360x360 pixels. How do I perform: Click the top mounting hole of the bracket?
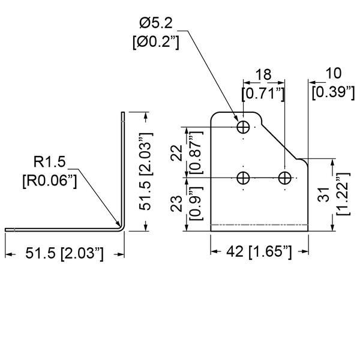coord(244,127)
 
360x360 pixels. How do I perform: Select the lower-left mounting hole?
coord(244,178)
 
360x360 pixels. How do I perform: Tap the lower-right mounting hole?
coord(285,178)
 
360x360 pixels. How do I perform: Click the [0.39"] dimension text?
coord(332,92)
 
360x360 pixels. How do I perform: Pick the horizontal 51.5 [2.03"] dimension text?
coord(65,254)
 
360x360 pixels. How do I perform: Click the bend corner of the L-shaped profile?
coord(121,226)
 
